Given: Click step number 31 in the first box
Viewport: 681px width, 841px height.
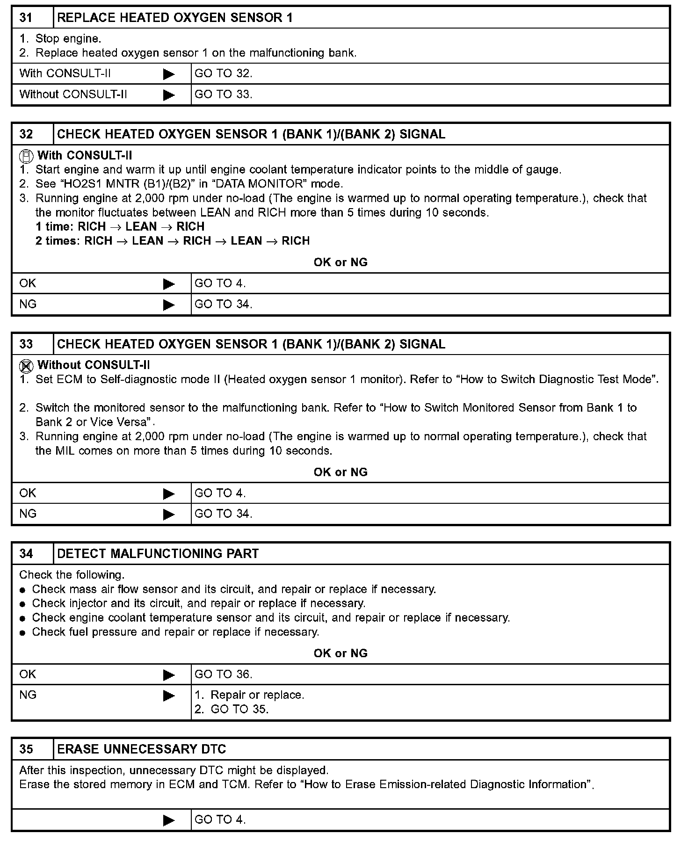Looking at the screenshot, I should (26, 18).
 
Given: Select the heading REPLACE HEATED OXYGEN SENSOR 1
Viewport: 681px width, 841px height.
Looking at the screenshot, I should (174, 18).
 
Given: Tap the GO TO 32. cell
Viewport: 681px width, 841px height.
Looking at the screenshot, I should (223, 73).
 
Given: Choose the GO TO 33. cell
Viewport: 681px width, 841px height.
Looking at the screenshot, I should (223, 94).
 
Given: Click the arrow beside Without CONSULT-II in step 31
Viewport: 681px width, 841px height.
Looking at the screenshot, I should (169, 95).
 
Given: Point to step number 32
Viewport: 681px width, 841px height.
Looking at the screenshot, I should (26, 134).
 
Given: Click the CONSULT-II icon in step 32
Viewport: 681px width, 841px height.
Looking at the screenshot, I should (27, 156).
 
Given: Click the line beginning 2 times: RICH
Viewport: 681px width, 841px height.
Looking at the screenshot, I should (173, 241).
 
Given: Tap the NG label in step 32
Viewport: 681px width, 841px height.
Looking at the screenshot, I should (28, 304).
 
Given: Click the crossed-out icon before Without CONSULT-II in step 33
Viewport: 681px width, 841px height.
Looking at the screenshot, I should (27, 366).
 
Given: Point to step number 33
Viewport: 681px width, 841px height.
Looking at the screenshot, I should (26, 344).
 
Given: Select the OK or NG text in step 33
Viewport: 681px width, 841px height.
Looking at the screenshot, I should (340, 472).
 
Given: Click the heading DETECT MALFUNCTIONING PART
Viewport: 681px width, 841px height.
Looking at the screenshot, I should (158, 554).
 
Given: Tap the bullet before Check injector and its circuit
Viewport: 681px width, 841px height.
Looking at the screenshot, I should (22, 604).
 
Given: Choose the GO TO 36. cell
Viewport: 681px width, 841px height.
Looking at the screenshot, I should (223, 674).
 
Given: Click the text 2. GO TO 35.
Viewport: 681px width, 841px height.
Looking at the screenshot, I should (232, 709).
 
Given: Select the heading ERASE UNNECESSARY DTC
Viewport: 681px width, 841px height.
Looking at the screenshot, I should (141, 749).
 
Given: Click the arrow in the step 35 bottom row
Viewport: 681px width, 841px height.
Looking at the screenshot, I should (169, 820).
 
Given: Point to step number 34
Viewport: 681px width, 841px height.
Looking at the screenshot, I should (26, 554).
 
